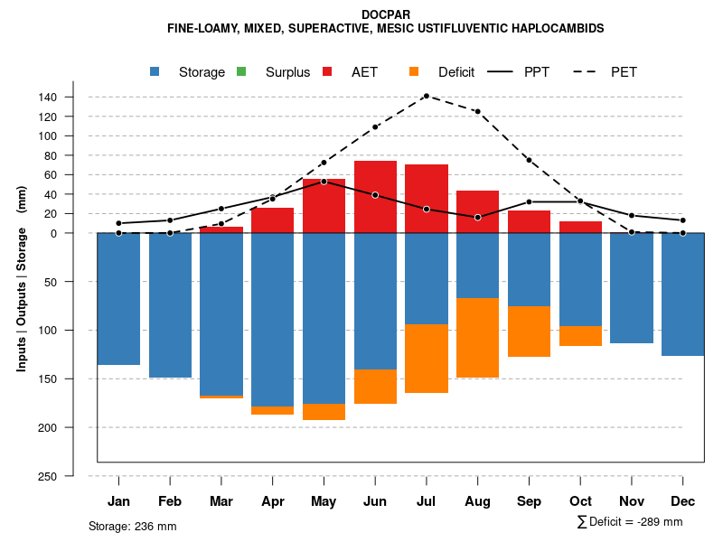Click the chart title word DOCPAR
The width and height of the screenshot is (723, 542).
[386, 14]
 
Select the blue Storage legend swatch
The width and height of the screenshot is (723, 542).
[156, 71]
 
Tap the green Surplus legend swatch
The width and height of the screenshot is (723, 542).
[241, 71]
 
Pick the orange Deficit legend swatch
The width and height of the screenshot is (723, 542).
[414, 71]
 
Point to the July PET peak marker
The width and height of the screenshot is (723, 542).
[426, 96]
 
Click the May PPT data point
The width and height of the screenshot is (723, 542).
[324, 182]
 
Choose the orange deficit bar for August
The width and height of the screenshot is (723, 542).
[477, 338]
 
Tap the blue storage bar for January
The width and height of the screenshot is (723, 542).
[118, 299]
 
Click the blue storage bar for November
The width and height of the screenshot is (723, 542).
[632, 288]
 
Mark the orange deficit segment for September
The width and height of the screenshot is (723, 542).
[529, 332]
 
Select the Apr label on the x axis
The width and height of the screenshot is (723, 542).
[273, 501]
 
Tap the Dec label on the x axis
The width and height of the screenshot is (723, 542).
[683, 501]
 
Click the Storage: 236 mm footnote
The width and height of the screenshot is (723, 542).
[133, 526]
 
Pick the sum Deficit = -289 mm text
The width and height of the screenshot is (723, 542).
[629, 522]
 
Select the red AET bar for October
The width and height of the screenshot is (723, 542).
[580, 227]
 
